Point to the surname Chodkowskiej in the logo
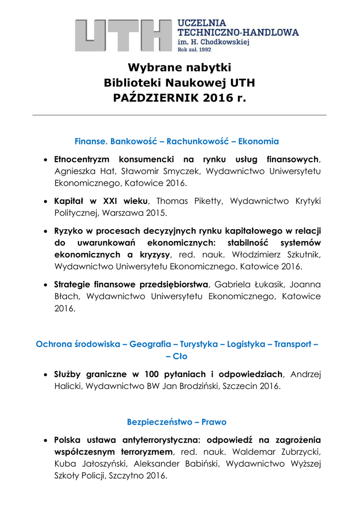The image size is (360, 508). pos(225,43)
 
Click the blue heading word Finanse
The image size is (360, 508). pos(91,141)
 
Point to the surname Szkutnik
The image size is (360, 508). pos(300,254)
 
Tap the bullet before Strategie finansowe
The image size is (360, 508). pos(45,285)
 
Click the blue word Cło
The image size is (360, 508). pos(180,356)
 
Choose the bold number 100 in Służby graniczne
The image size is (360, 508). pos(152,374)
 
